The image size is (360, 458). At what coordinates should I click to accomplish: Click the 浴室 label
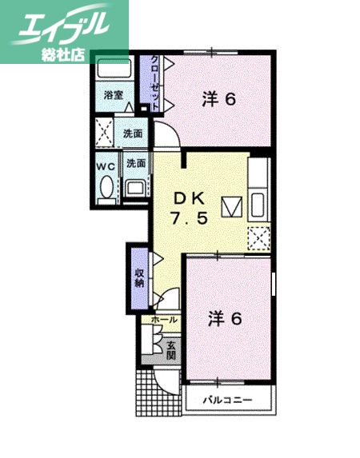point(114,94)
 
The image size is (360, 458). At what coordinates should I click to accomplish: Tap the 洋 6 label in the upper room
point(218,100)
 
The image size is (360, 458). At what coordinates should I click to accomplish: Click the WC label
point(106,166)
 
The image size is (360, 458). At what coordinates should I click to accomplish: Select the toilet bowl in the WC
point(106,188)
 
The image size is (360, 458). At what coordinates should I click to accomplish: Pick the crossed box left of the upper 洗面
point(104,129)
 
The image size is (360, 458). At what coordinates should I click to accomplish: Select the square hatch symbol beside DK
point(231,206)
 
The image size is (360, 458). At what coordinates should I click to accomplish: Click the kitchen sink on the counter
point(258,205)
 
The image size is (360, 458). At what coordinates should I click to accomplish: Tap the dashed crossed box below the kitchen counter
point(258,238)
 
